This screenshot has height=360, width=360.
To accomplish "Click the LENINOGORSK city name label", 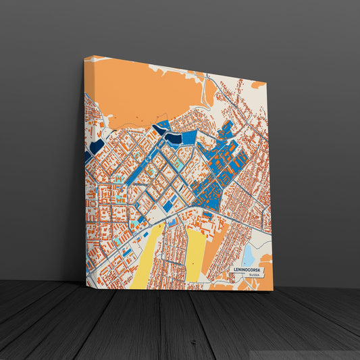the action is click(x=247, y=269).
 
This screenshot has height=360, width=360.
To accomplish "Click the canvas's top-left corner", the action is click(x=85, y=57).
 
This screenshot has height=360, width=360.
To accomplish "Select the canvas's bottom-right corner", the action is click(x=273, y=291).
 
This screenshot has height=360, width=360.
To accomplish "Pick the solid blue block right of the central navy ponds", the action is click(x=189, y=137).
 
